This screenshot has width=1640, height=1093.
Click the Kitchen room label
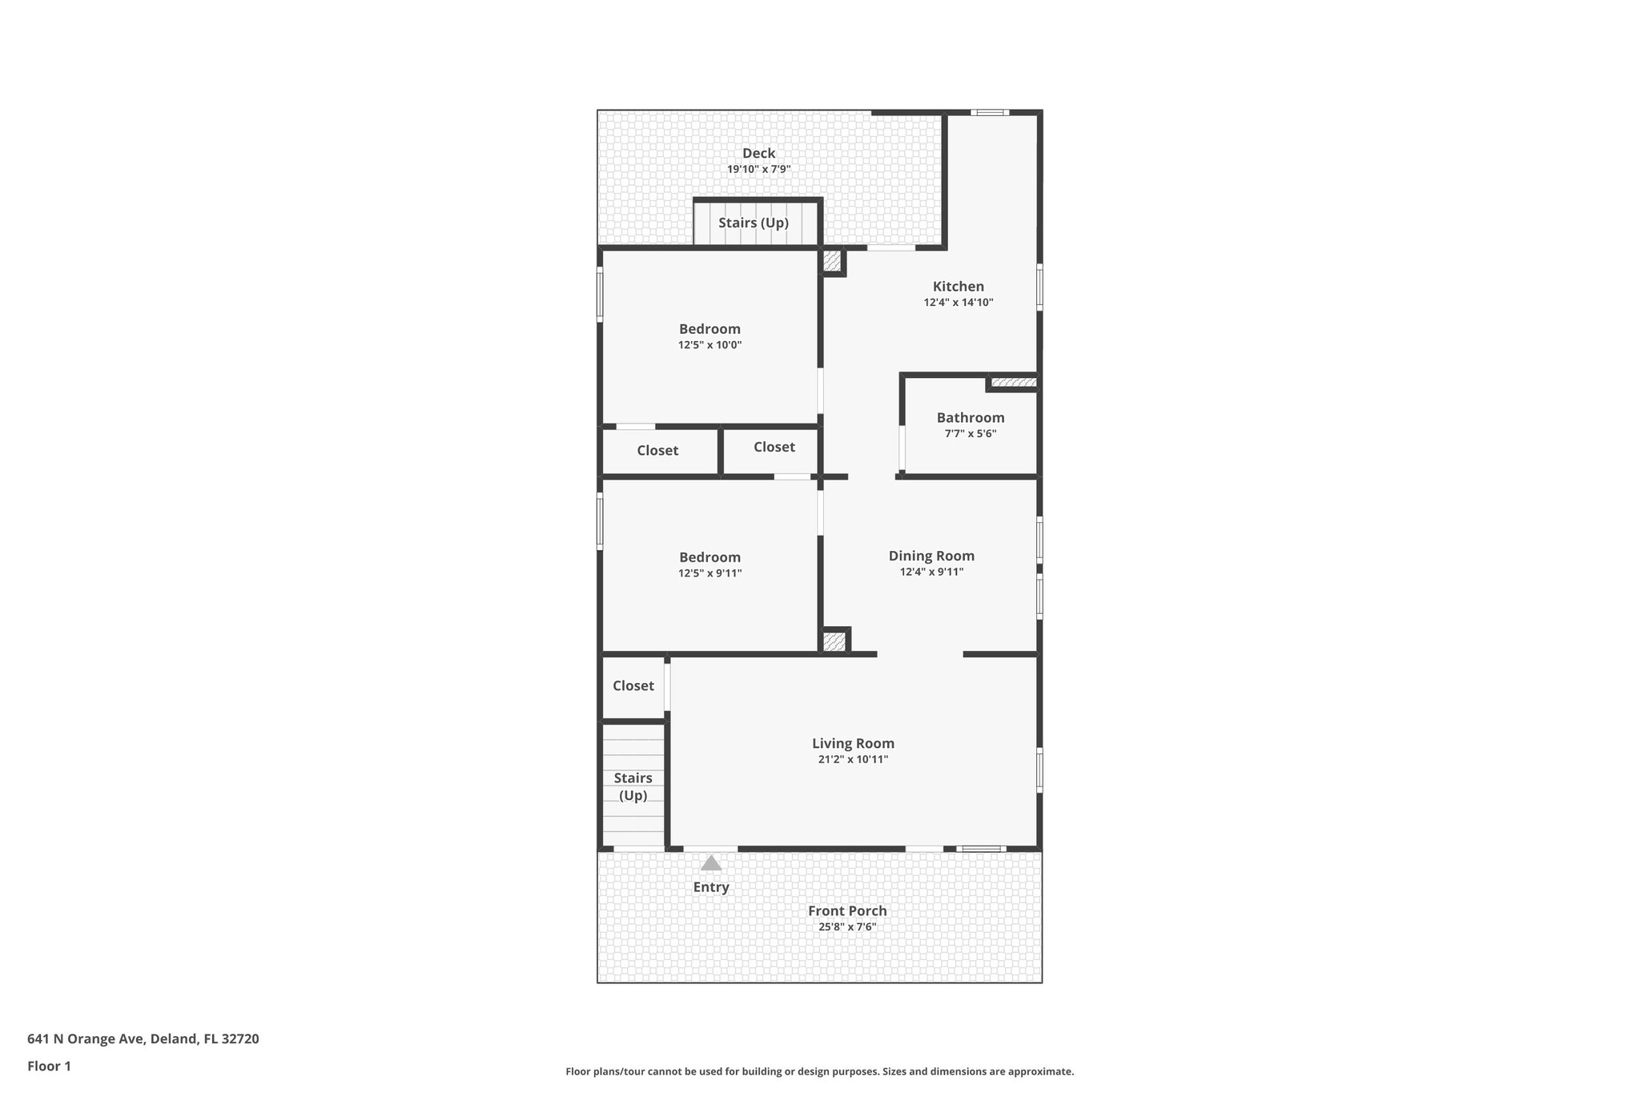[958, 287]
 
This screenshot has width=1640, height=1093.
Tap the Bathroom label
[970, 418]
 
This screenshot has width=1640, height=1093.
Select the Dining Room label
[931, 556]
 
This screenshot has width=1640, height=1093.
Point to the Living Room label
[853, 743]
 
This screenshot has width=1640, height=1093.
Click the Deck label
[758, 153]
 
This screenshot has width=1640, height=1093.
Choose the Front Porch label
[847, 910]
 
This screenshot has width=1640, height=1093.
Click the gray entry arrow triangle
[711, 863]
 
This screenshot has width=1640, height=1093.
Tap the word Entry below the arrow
[711, 887]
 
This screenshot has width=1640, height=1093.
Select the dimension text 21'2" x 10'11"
[853, 759]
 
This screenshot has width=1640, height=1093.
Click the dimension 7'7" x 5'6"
[970, 434]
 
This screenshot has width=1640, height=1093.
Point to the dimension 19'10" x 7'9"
[758, 169]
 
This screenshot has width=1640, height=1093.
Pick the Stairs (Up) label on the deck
[754, 223]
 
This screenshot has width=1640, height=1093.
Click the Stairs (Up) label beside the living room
[633, 786]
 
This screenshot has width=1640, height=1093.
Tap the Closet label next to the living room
[633, 685]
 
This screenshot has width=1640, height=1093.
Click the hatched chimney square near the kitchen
[833, 261]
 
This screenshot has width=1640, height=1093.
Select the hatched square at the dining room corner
[834, 641]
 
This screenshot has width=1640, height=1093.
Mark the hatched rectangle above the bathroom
[1013, 383]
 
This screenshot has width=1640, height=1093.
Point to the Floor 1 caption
[50, 1066]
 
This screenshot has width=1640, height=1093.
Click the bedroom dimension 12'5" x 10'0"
[709, 345]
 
